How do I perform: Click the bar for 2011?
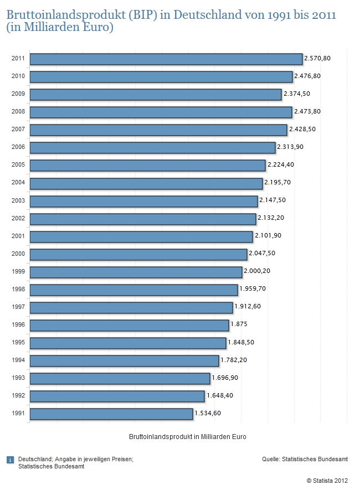(x=166, y=59)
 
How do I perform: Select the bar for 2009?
(x=156, y=95)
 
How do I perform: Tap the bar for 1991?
(x=111, y=414)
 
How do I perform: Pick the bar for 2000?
(x=138, y=254)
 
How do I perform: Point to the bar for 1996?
(x=129, y=325)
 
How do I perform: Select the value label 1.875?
(x=239, y=324)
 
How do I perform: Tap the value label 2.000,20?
(x=258, y=271)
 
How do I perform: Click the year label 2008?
(x=18, y=112)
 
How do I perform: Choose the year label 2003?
(x=18, y=200)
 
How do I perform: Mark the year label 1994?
(x=18, y=360)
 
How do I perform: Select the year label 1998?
(x=18, y=289)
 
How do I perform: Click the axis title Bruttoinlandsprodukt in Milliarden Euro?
(x=187, y=437)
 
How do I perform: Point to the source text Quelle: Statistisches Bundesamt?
(x=305, y=459)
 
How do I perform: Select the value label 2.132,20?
(x=271, y=218)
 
